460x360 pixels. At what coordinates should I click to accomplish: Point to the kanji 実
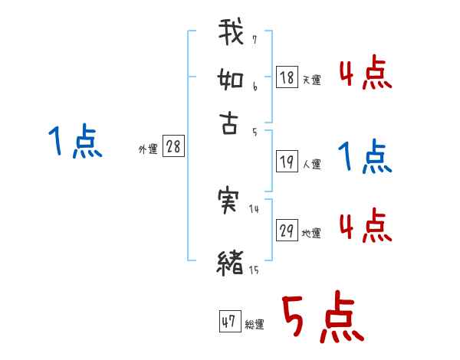231,201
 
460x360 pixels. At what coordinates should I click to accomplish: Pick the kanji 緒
231,261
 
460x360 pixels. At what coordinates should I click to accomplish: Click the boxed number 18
287,77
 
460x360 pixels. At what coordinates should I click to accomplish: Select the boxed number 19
287,162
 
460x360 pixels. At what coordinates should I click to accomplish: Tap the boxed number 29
287,231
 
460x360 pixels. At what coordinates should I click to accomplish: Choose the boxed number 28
173,147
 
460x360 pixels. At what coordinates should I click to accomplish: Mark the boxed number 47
228,322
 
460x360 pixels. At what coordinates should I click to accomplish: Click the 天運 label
311,79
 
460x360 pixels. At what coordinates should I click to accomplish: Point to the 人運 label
312,164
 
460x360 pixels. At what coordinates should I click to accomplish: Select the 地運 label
311,233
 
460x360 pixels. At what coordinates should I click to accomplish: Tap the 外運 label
147,149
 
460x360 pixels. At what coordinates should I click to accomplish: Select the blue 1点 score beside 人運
364,156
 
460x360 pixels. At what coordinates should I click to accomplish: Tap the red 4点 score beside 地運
364,227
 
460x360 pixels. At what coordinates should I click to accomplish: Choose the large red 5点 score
320,318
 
